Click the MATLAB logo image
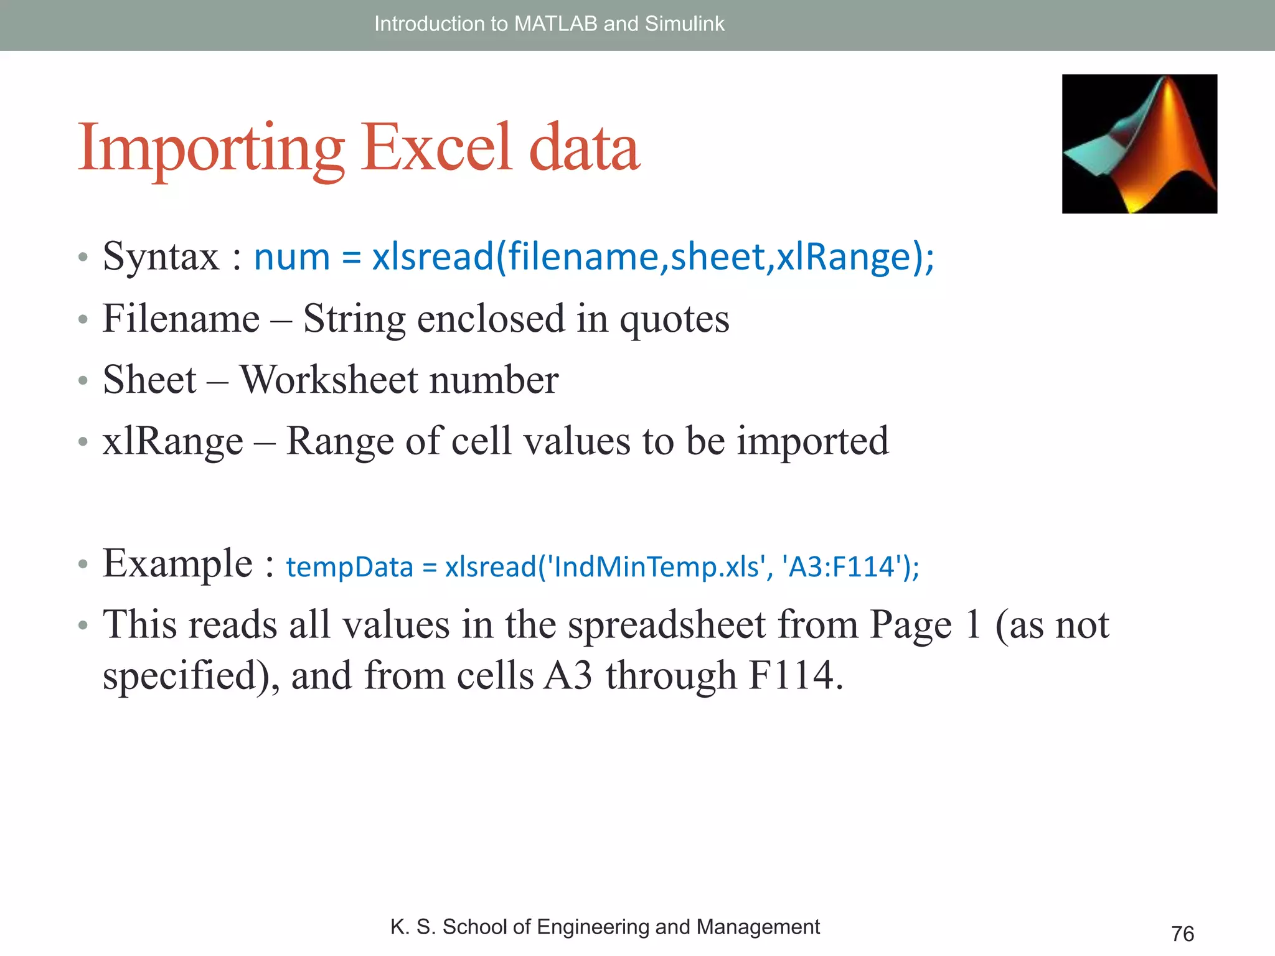pos(1139,144)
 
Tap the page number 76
pos(1182,934)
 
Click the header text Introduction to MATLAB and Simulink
pos(549,24)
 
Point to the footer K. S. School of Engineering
pos(605,927)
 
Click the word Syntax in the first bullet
pos(161,256)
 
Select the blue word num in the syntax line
pos(291,256)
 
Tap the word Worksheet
pos(329,380)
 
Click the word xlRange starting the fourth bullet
pos(172,441)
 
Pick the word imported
pos(812,441)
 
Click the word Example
pos(177,564)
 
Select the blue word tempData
pos(349,567)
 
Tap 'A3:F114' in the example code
pos(843,567)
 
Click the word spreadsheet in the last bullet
pos(666,624)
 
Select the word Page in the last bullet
pos(910,626)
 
